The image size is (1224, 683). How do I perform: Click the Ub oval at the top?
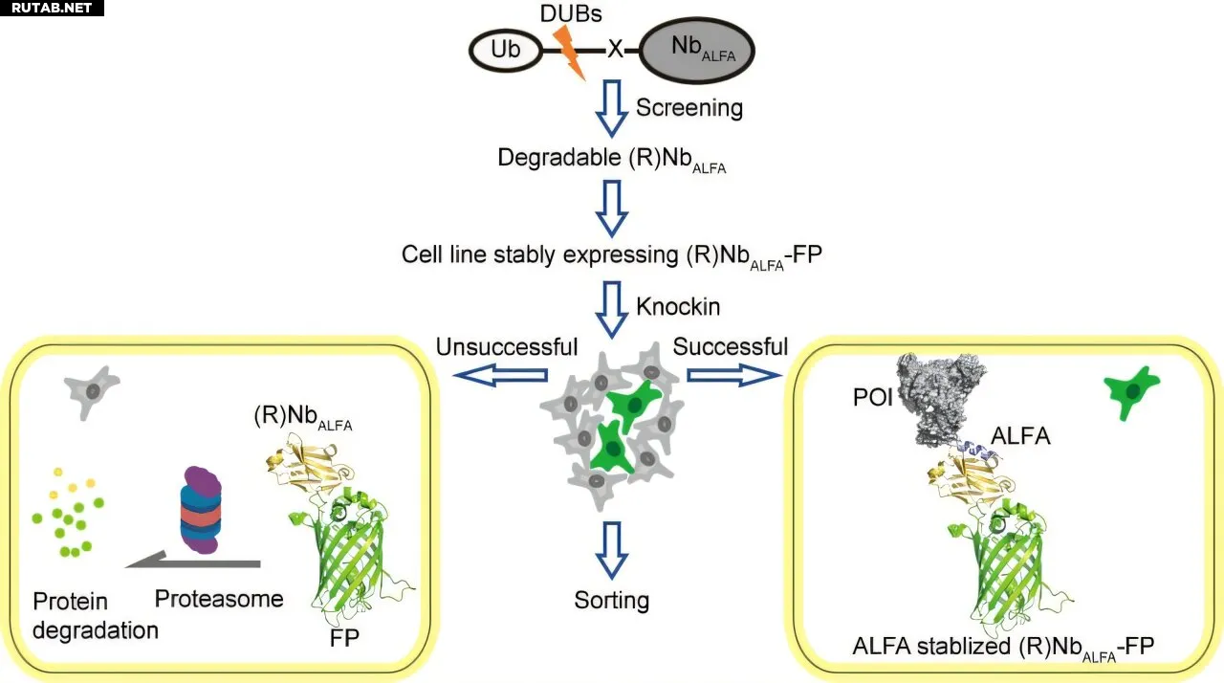(x=506, y=50)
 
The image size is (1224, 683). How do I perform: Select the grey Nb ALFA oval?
(x=697, y=50)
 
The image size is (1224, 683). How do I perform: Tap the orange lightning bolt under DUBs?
(x=571, y=52)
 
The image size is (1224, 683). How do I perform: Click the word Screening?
(x=688, y=107)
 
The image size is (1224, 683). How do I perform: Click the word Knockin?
(x=678, y=306)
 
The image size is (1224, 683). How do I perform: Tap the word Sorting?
(x=612, y=601)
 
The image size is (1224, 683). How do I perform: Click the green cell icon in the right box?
(x=1131, y=392)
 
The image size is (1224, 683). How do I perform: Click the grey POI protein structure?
(x=947, y=395)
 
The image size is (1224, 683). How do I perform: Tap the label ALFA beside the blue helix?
(x=1020, y=436)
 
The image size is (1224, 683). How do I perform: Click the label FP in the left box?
(x=344, y=638)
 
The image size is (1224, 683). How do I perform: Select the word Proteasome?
(x=219, y=599)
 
